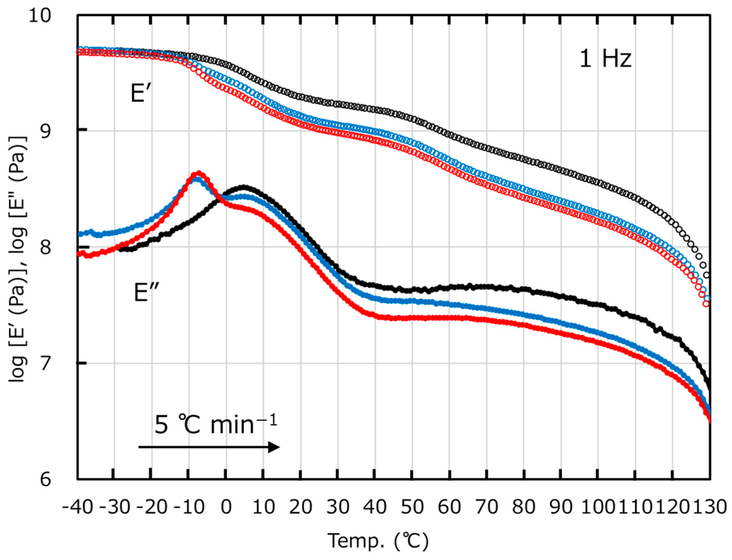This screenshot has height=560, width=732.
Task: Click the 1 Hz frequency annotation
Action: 605,59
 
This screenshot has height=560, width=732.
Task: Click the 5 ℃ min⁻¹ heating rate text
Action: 216,425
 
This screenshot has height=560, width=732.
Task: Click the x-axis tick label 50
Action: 412,508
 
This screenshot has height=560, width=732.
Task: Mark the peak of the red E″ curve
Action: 199,173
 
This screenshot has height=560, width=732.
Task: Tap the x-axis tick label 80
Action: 524,508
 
